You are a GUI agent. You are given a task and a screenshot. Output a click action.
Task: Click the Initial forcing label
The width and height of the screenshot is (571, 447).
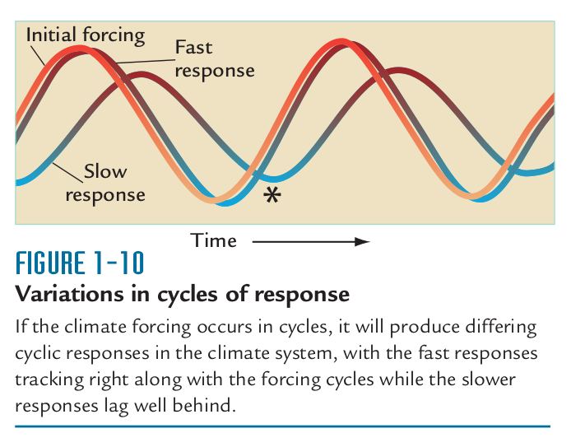click(x=86, y=35)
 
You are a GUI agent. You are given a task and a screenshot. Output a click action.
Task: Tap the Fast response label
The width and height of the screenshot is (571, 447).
click(x=215, y=59)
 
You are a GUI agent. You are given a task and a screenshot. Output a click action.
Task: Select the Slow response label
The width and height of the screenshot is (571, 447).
click(x=105, y=184)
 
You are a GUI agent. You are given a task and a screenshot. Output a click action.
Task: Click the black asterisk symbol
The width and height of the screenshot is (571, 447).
click(x=272, y=195)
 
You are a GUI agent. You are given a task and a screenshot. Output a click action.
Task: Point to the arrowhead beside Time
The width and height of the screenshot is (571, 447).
click(x=362, y=241)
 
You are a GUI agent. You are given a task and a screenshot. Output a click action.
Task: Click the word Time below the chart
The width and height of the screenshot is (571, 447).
click(x=213, y=240)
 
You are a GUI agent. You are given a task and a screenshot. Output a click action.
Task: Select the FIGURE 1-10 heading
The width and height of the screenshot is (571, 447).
click(x=80, y=263)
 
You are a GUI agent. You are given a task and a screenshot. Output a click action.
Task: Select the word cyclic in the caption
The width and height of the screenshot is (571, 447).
click(x=38, y=354)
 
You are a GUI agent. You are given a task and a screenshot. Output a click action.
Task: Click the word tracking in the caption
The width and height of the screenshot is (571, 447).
click(x=49, y=380)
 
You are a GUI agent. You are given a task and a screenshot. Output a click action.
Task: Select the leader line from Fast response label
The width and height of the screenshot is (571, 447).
click(x=146, y=61)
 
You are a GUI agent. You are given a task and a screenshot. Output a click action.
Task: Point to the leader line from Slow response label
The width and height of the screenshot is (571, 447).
click(x=67, y=172)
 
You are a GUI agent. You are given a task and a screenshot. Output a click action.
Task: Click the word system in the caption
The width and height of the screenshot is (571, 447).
click(x=307, y=355)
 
